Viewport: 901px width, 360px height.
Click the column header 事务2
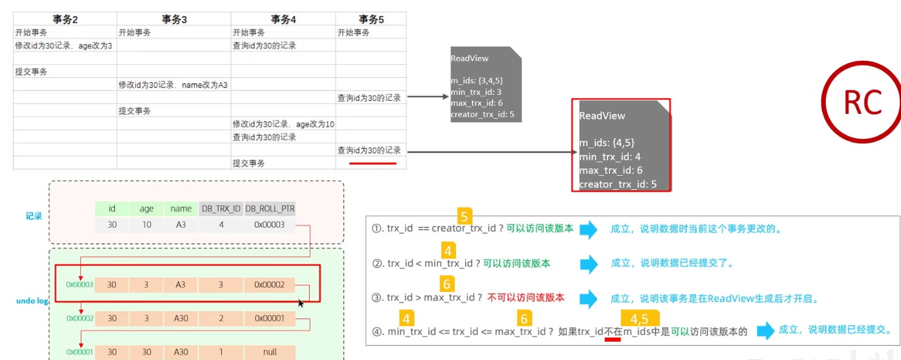(x=65, y=19)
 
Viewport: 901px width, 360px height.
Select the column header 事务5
(x=371, y=19)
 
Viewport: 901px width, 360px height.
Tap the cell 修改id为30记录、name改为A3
(x=173, y=85)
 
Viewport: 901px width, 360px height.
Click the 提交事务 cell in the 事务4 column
(x=249, y=163)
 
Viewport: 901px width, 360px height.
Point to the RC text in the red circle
(x=862, y=103)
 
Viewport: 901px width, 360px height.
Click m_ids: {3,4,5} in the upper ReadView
(x=477, y=80)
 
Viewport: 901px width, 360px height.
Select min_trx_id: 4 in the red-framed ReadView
(x=610, y=157)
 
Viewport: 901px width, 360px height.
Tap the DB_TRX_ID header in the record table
(x=221, y=209)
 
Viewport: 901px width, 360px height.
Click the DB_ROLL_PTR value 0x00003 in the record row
(x=269, y=225)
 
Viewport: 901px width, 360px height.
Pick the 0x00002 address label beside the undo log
(x=80, y=318)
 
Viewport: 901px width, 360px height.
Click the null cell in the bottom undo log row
(x=269, y=352)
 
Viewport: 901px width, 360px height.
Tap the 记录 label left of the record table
(x=34, y=216)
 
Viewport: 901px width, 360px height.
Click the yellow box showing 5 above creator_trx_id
(x=465, y=216)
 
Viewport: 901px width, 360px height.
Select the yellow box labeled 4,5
(x=639, y=318)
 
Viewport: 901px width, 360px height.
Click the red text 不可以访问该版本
(x=525, y=298)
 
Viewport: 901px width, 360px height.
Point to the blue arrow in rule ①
(x=588, y=230)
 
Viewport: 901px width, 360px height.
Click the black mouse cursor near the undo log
(x=301, y=303)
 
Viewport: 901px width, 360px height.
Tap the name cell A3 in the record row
(x=181, y=225)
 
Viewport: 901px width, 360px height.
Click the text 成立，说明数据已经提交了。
(x=672, y=263)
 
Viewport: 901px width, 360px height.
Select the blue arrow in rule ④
(x=765, y=331)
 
